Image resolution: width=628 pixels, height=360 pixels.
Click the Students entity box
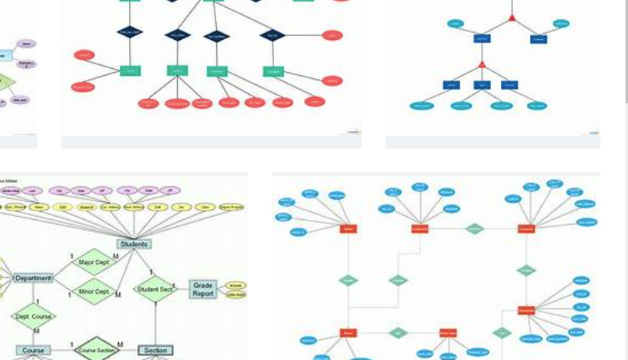(134, 243)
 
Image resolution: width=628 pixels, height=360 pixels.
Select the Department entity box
(33, 278)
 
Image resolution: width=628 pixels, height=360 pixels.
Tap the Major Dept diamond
(94, 262)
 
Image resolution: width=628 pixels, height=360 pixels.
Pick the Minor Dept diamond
(94, 292)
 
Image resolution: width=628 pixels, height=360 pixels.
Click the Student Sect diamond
(155, 289)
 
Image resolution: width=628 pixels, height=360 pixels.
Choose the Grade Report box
(203, 290)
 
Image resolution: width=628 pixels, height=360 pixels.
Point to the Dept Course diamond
(33, 317)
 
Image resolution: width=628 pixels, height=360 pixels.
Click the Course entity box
(33, 351)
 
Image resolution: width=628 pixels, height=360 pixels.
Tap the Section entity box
(155, 351)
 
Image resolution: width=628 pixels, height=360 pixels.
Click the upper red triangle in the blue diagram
(511, 17)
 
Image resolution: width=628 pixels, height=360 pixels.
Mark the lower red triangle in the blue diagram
(482, 64)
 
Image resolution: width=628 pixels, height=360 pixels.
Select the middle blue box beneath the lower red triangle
(482, 85)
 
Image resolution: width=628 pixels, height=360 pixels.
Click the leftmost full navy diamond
(129, 32)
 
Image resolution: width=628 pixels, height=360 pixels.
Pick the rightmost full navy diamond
(272, 34)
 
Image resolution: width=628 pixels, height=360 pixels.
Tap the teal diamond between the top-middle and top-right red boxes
(475, 229)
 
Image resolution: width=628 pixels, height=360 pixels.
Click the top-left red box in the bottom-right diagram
(348, 229)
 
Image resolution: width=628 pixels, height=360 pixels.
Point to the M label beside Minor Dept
(118, 295)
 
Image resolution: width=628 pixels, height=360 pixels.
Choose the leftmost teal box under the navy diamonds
(130, 70)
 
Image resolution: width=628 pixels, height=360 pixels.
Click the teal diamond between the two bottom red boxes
(399, 333)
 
